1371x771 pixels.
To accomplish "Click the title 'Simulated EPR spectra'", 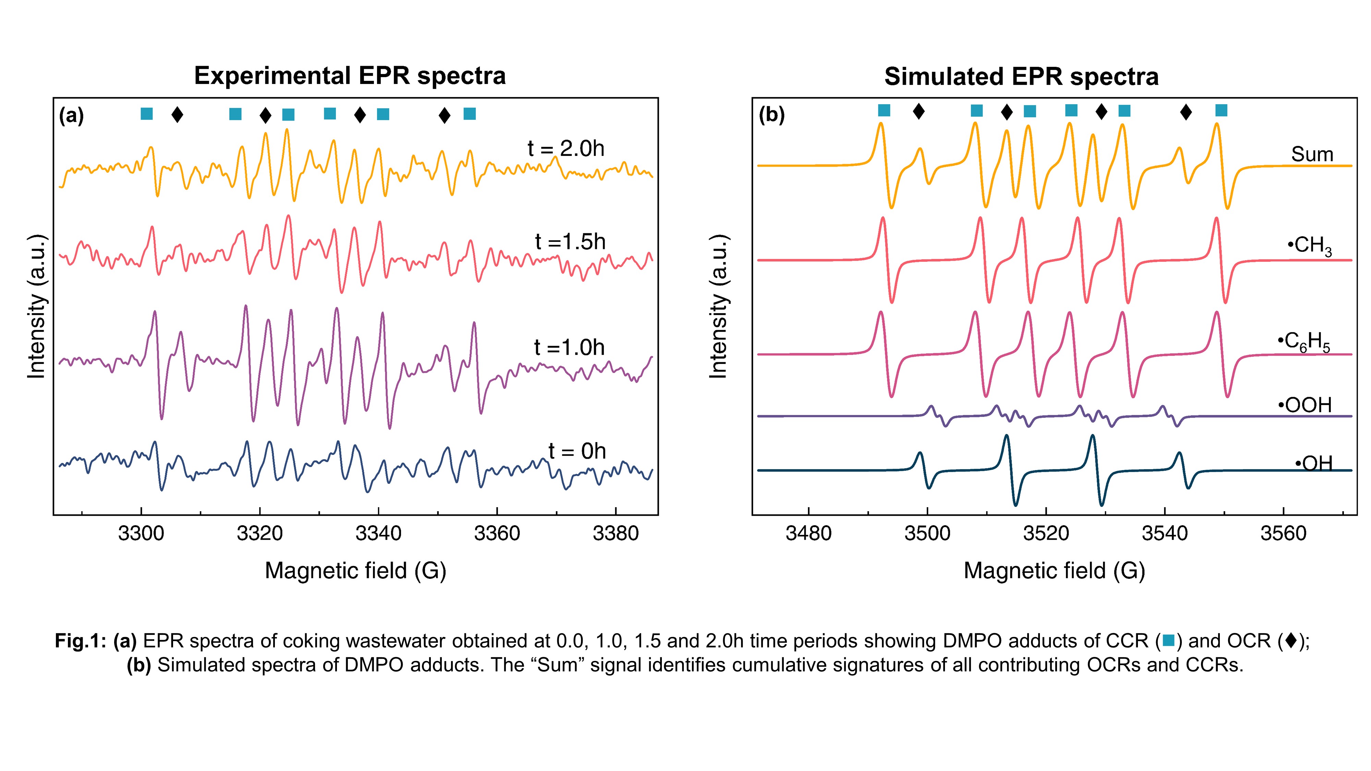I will (1021, 77).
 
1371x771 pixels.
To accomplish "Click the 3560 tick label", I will (1283, 533).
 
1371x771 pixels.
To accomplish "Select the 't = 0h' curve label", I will (577, 451).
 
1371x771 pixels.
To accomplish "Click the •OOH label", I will (1305, 405).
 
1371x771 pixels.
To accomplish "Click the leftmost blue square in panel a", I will (146, 113).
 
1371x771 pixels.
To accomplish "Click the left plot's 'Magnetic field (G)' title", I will (355, 571).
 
